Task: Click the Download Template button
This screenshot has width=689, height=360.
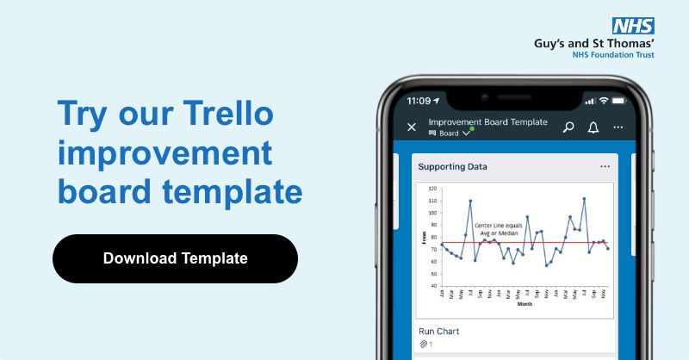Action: pyautogui.click(x=175, y=258)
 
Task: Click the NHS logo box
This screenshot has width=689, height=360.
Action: pyautogui.click(x=633, y=27)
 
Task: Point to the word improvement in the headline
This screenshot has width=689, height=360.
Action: pyautogui.click(x=164, y=153)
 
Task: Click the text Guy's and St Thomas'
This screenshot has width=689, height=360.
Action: pyautogui.click(x=594, y=42)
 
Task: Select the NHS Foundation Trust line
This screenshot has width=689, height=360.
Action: pyautogui.click(x=612, y=54)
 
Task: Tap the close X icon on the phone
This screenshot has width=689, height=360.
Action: pyautogui.click(x=412, y=127)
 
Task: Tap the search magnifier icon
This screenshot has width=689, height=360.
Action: pyautogui.click(x=568, y=127)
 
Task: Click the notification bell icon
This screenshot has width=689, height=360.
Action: pyautogui.click(x=593, y=127)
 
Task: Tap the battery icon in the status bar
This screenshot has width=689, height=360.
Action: pyautogui.click(x=622, y=100)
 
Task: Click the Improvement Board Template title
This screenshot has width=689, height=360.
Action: pyautogui.click(x=487, y=122)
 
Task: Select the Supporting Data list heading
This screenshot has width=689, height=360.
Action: pyautogui.click(x=452, y=166)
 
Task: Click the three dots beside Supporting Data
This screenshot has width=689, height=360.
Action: pyautogui.click(x=605, y=166)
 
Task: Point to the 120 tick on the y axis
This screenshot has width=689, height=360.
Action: pyautogui.click(x=432, y=189)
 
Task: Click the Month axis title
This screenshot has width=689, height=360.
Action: pyautogui.click(x=525, y=304)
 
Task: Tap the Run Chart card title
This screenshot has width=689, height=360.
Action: pyautogui.click(x=438, y=332)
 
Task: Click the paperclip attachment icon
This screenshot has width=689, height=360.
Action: pyautogui.click(x=423, y=344)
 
